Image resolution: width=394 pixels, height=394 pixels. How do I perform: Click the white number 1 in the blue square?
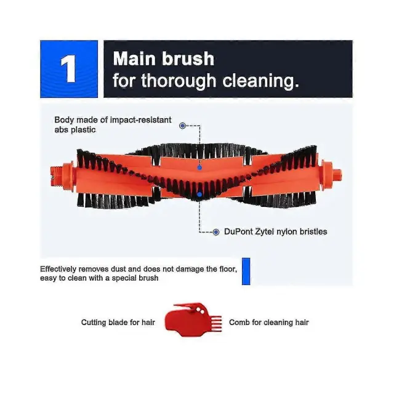[68, 68]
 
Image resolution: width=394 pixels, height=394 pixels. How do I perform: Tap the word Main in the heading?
[134, 58]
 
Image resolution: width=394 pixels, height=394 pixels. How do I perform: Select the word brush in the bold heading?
[188, 58]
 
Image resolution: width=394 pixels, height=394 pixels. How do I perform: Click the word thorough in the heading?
[179, 81]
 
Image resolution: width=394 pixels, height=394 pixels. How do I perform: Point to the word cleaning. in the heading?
[261, 81]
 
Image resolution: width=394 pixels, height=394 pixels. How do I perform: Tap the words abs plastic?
[75, 130]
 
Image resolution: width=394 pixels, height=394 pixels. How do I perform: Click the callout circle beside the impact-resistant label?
[183, 126]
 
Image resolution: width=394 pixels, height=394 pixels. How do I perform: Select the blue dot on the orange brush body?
[199, 167]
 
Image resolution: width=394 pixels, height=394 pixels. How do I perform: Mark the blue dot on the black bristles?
[199, 195]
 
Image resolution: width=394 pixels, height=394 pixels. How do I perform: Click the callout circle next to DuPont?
[216, 232]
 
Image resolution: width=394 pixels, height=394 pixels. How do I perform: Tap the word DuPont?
[238, 231]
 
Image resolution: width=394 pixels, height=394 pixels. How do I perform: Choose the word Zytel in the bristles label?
[265, 231]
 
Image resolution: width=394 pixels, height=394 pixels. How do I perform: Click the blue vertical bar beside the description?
[246, 271]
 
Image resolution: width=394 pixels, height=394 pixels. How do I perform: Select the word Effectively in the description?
[58, 269]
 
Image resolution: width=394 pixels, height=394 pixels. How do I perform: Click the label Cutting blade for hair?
[118, 323]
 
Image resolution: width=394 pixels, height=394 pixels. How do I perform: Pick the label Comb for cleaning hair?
[269, 323]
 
